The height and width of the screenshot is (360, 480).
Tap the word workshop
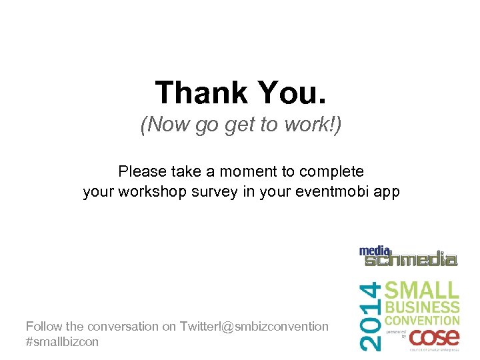coord(144,193)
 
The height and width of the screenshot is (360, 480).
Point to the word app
coord(386,193)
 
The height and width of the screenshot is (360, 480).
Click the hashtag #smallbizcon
coord(62,342)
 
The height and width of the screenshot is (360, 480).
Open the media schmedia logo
coord(408,256)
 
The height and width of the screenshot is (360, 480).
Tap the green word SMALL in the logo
coord(423,291)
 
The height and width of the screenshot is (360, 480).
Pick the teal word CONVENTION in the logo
coord(422,321)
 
